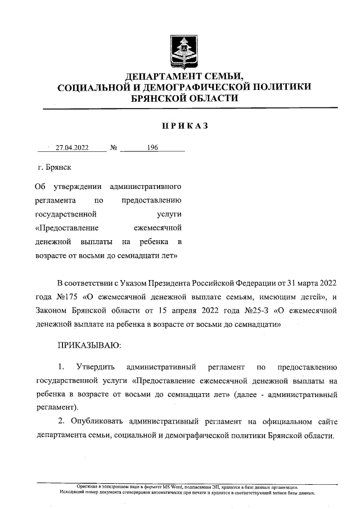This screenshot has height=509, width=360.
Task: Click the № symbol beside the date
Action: coord(114,148)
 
